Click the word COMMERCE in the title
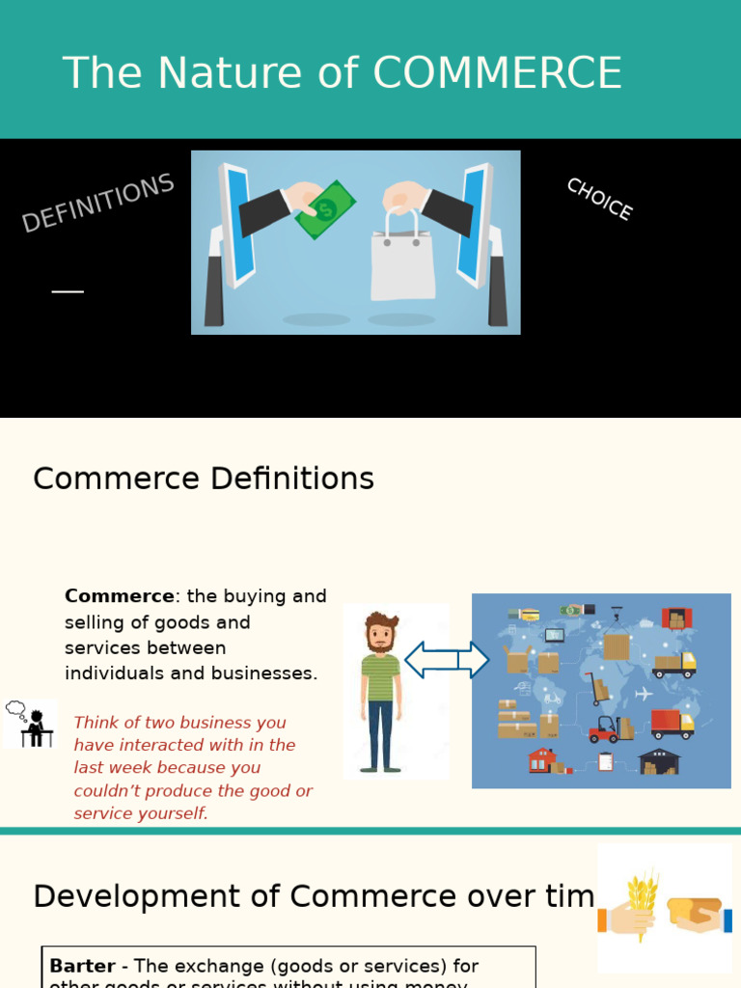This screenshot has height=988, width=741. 497,73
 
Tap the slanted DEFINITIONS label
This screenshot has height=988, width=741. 97,203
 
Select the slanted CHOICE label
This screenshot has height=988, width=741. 599,199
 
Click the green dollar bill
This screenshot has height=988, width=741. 326,208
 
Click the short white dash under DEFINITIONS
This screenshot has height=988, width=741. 68,291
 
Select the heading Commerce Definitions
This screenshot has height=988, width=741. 204,479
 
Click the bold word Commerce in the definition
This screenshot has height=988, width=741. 120,596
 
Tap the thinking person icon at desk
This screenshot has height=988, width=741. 31,724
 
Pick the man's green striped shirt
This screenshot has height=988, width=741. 380,676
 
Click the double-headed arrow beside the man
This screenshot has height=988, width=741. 446,660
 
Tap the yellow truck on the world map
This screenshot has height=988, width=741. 674,664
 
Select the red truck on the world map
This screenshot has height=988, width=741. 672,723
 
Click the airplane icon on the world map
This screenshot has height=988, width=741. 644,694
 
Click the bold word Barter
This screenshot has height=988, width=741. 83,966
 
